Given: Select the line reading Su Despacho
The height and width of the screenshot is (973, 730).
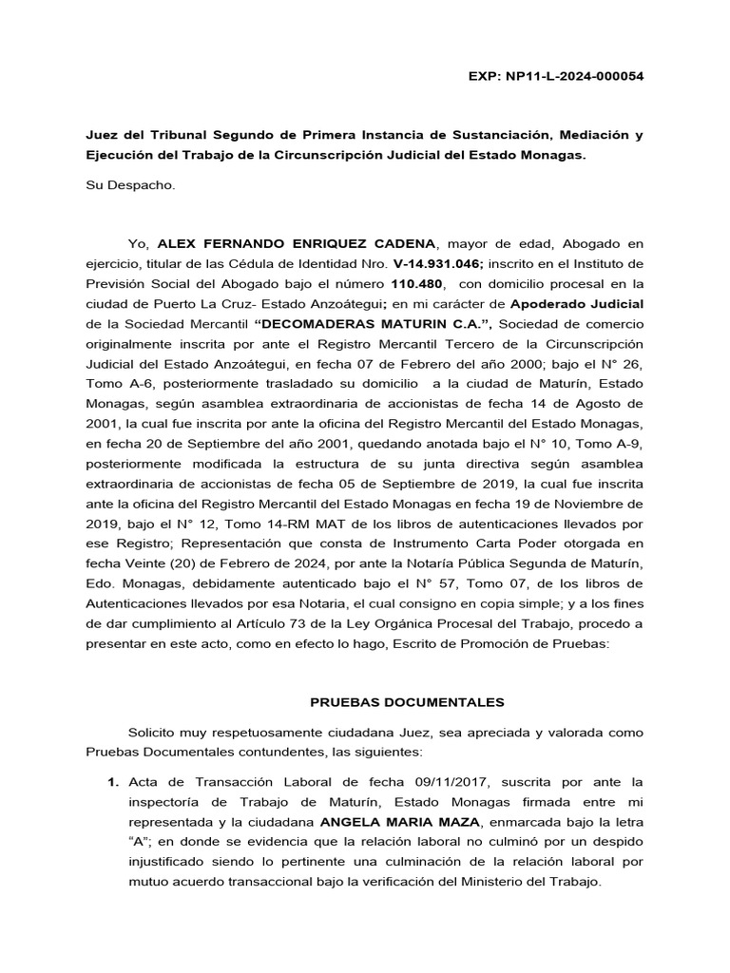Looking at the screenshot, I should [126, 184].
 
